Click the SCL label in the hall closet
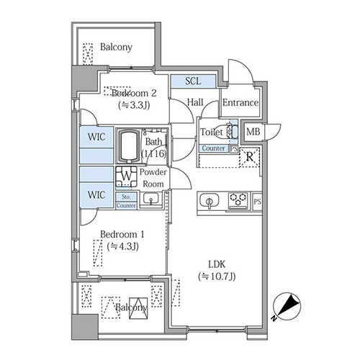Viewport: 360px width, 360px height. pos(193,81)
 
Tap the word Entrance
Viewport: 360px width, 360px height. pos(240,103)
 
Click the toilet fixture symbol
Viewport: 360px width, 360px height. pos(232,132)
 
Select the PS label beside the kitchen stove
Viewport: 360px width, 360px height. pos(257,201)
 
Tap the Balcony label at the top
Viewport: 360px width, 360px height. pos(116,48)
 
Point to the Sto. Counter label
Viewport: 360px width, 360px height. pos(126,200)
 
